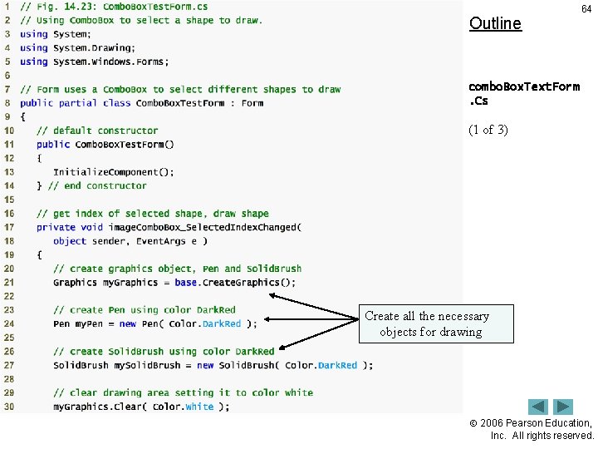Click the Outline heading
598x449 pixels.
point(495,23)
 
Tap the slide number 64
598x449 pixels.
point(586,9)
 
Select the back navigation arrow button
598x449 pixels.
point(539,407)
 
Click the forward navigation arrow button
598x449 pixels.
point(564,407)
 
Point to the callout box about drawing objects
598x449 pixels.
point(426,323)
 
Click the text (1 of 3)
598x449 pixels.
point(488,130)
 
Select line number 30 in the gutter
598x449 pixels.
point(8,407)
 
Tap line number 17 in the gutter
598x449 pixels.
point(8,227)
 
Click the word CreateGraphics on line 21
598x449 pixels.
point(243,283)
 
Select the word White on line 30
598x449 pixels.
point(199,407)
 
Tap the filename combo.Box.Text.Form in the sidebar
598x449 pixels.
point(523,86)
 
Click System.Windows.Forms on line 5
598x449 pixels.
point(111,62)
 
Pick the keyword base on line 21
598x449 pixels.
point(186,283)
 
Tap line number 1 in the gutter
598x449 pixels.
point(7,7)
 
